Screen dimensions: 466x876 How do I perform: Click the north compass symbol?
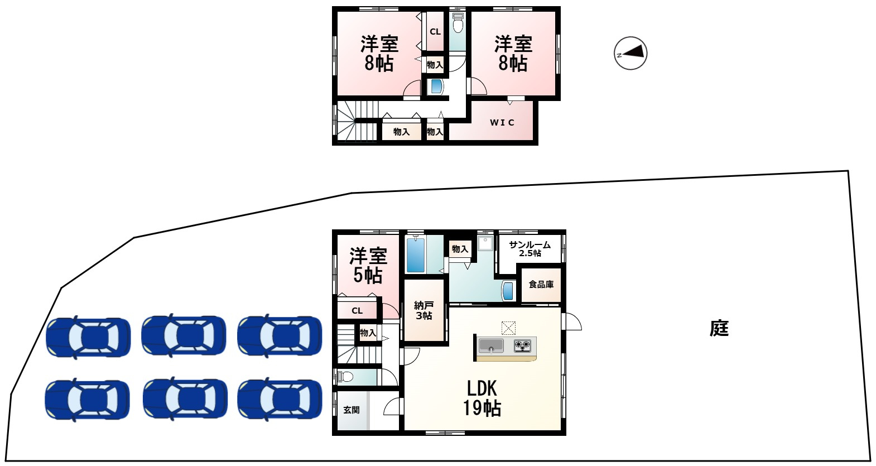tap(630, 54)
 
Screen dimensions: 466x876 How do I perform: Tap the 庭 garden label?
tap(719, 328)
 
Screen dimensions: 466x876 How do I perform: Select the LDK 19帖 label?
tap(482, 398)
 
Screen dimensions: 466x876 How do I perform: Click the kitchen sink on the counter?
tap(491, 345)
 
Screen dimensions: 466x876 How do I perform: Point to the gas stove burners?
tap(523, 345)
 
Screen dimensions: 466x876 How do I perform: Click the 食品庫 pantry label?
tap(541, 285)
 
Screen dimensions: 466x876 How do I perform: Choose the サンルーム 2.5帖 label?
tap(530, 249)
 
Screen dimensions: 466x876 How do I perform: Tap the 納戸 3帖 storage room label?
tap(423, 310)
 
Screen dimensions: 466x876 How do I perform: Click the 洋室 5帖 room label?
tap(368, 266)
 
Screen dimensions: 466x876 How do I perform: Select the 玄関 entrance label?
tap(351, 410)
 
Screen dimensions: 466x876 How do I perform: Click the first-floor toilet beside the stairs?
tap(345, 377)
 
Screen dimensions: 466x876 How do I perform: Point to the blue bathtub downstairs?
tap(415, 255)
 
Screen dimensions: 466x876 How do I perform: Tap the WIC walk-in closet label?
tap(502, 123)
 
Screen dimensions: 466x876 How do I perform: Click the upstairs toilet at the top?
tap(458, 24)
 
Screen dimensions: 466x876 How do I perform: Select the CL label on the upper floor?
tap(435, 32)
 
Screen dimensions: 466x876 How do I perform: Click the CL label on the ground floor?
tap(357, 311)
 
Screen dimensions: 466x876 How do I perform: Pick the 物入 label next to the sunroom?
tap(460, 249)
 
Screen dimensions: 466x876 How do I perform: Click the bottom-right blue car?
tap(280, 400)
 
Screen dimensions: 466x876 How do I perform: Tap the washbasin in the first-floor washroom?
tap(508, 291)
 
